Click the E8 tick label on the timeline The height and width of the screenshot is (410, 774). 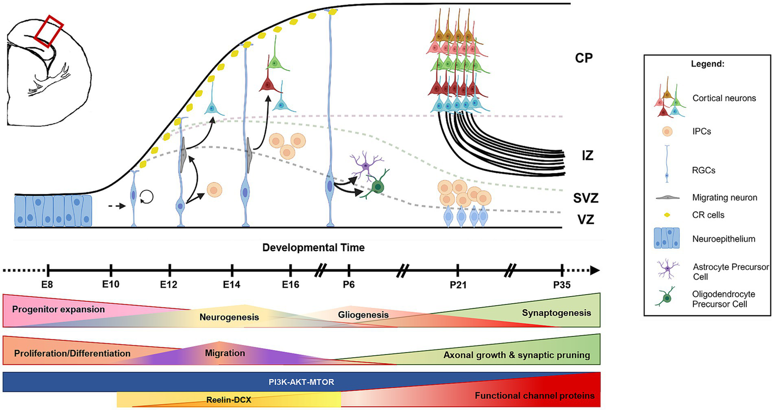tap(47, 285)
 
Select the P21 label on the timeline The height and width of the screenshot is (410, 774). tap(458, 285)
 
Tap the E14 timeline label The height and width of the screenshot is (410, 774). tap(231, 285)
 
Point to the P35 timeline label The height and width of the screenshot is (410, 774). tap(562, 285)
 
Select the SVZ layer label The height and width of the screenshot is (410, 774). tap(585, 198)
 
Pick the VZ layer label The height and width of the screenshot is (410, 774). tap(585, 220)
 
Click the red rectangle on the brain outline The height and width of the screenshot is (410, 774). tap(49, 31)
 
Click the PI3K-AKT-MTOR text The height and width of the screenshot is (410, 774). tap(301, 382)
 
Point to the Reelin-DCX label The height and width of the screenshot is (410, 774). tap(229, 400)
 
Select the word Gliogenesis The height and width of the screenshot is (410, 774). tap(363, 315)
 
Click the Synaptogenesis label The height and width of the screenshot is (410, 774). tap(556, 313)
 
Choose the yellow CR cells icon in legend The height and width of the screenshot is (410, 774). tap(667, 215)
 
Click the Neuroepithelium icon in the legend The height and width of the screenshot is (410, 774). tap(667, 238)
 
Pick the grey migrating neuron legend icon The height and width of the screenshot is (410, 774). tap(667, 198)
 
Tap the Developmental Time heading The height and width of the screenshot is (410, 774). tap(313, 248)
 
